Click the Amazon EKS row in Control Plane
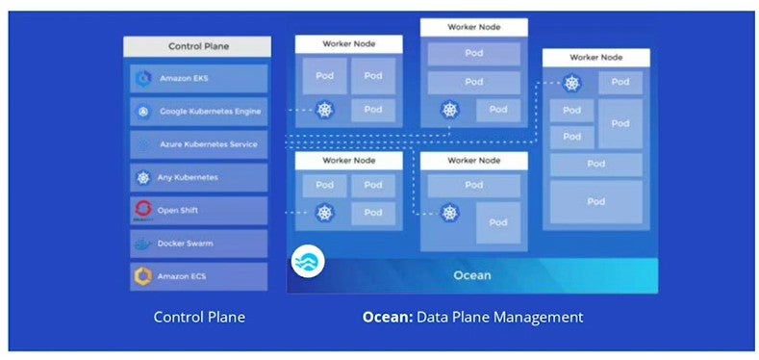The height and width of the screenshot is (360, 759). pyautogui.click(x=197, y=79)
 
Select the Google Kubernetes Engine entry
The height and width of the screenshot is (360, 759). pyautogui.click(x=197, y=113)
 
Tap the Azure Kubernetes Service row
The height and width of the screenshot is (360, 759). pyautogui.click(x=197, y=145)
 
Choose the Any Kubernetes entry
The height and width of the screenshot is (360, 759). pyautogui.click(x=197, y=177)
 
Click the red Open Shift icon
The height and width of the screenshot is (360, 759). pyautogui.click(x=143, y=210)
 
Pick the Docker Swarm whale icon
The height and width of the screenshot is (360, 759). pyautogui.click(x=143, y=244)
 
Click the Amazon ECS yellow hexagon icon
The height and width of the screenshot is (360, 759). pyautogui.click(x=143, y=276)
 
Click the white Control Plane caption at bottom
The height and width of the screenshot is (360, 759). pyautogui.click(x=198, y=316)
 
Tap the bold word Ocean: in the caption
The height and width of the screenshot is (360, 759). pyautogui.click(x=387, y=316)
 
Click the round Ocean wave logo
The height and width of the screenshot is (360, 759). pyautogui.click(x=309, y=262)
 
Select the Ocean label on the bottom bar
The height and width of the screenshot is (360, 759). pyautogui.click(x=471, y=275)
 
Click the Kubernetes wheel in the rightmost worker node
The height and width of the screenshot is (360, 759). pyautogui.click(x=572, y=84)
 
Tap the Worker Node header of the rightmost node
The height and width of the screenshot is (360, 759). pyautogui.click(x=595, y=58)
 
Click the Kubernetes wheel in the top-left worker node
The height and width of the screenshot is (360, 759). pyautogui.click(x=324, y=111)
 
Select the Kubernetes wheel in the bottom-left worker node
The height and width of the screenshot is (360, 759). pyautogui.click(x=324, y=213)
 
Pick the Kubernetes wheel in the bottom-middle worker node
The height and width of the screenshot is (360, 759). pyautogui.click(x=449, y=213)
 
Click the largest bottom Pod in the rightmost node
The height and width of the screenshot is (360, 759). pyautogui.click(x=595, y=202)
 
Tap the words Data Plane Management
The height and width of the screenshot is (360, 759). pyautogui.click(x=499, y=316)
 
